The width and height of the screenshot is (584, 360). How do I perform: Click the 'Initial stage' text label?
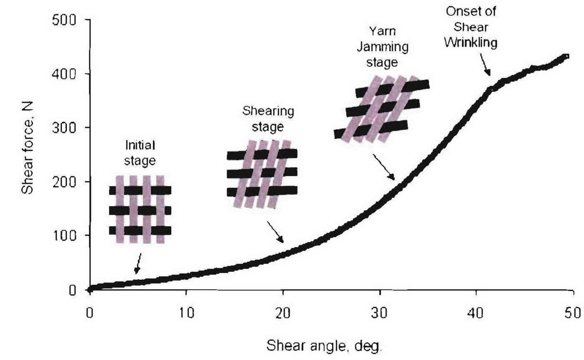140,153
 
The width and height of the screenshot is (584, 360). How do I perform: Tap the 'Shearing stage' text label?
268,119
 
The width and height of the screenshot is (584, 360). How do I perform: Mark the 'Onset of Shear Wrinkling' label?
470,28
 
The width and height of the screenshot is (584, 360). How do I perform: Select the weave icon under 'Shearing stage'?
262,173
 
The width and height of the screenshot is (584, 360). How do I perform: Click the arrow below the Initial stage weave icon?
137,264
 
